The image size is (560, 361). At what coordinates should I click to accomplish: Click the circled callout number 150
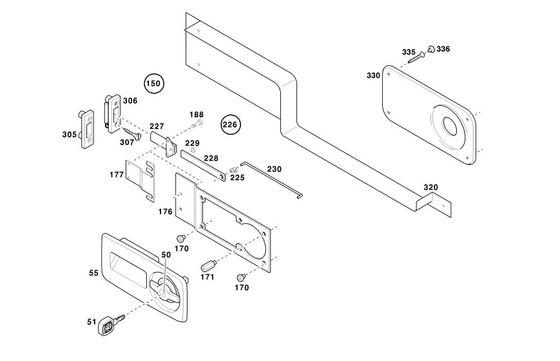[154, 84]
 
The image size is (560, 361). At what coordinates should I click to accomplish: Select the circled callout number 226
[230, 125]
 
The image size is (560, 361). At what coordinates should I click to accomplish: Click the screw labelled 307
[131, 133]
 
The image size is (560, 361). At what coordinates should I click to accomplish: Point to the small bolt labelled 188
[197, 124]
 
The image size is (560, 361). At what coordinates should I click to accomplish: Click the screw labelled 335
[417, 57]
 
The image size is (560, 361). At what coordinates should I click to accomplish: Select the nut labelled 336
[431, 49]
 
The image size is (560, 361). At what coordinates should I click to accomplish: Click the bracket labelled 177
[140, 180]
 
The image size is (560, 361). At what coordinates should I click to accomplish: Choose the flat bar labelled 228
[203, 166]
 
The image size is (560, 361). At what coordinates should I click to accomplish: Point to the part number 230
[275, 169]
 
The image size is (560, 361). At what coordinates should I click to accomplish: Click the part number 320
[430, 188]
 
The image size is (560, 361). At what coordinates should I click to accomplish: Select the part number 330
[373, 76]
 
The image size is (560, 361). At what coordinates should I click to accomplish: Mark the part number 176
[166, 212]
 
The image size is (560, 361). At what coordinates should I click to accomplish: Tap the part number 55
[93, 273]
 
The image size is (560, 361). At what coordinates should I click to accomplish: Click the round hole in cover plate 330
[450, 126]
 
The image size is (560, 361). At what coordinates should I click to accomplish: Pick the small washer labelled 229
[193, 150]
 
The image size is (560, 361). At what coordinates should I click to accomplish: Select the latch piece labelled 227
[164, 142]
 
